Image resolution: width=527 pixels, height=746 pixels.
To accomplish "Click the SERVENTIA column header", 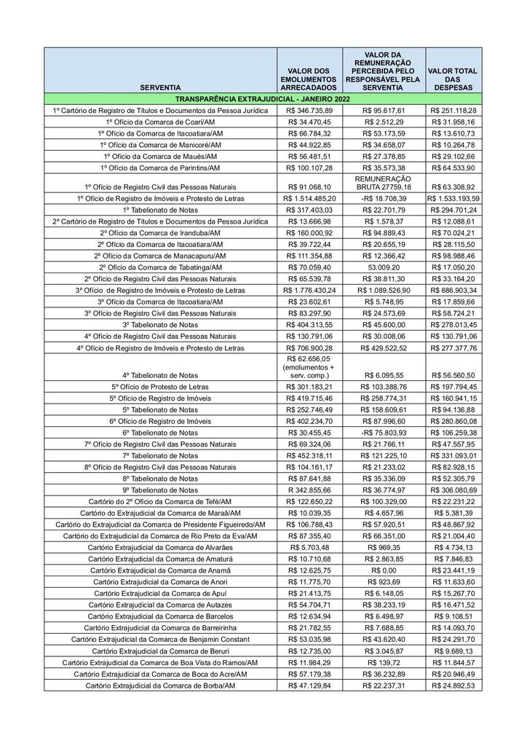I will tap(160, 87).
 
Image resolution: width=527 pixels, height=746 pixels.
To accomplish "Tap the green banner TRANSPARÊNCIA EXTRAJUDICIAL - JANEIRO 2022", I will tap(263, 98).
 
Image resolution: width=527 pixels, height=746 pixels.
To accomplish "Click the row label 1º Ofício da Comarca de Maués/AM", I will tap(160, 156).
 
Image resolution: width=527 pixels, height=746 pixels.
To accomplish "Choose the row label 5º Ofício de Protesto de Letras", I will tap(160, 387).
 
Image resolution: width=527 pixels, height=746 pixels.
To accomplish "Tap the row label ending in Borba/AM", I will tap(160, 686).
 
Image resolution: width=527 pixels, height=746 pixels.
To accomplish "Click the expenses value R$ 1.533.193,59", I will tap(453, 198).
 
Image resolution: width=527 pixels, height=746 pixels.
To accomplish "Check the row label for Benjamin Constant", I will tap(160, 639).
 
